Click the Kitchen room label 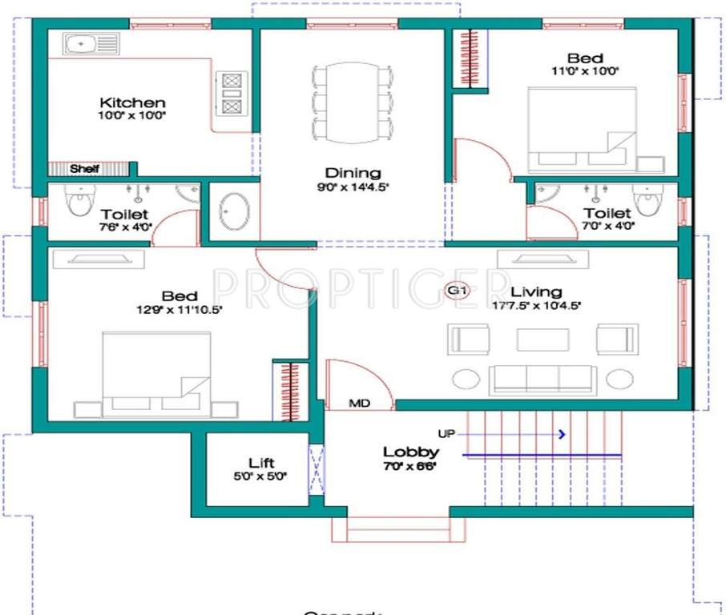click(132, 102)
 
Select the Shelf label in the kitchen click(84, 169)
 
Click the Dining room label click(353, 173)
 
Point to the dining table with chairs click(353, 102)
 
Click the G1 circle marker click(457, 291)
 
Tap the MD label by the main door click(360, 403)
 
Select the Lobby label click(410, 452)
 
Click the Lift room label click(261, 463)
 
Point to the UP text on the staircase click(446, 433)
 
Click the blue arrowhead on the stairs click(563, 434)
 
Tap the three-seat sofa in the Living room click(543, 379)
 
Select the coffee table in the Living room click(543, 339)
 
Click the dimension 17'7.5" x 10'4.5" click(536, 305)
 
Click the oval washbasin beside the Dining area click(234, 211)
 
